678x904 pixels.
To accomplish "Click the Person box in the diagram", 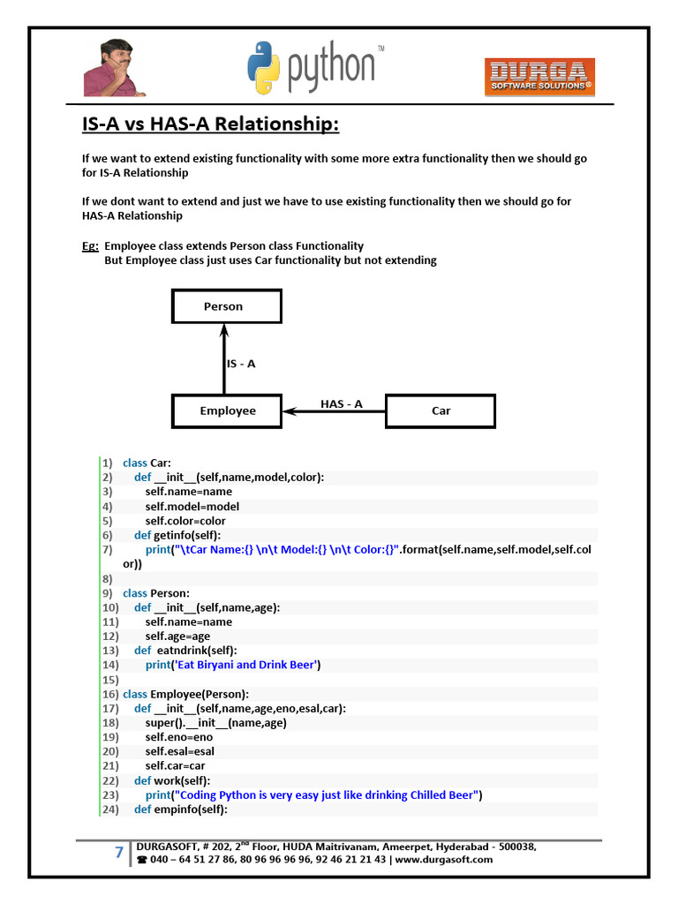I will click(x=226, y=306).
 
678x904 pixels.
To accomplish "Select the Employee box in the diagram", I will click(x=227, y=411).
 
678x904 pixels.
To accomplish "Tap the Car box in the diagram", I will click(x=441, y=411).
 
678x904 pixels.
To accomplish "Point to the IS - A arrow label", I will click(x=241, y=363).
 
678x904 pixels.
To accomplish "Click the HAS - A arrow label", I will click(x=342, y=404).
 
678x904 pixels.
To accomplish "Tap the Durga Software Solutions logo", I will click(x=539, y=77).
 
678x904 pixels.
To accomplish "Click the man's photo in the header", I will click(x=115, y=68).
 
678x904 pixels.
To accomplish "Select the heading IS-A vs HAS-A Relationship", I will click(x=210, y=124).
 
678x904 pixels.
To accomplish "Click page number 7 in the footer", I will click(x=118, y=852).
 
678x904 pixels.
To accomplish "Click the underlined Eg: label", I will click(x=90, y=246).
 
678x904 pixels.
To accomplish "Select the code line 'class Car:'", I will click(x=147, y=463).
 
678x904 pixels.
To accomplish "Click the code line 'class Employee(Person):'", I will click(x=185, y=694).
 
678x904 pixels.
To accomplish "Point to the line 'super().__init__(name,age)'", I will click(x=216, y=722).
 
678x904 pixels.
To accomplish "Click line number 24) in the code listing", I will click(x=109, y=809).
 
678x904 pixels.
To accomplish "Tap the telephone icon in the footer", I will click(x=142, y=860).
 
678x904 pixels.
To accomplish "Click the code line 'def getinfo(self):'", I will click(x=177, y=535).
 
